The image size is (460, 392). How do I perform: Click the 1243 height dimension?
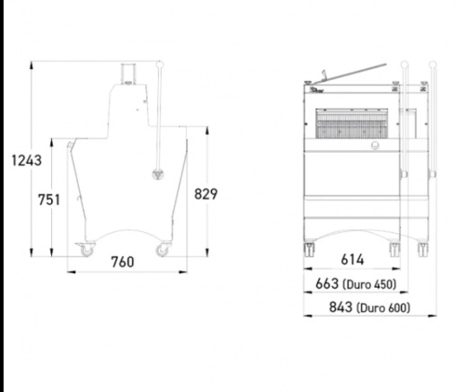27,161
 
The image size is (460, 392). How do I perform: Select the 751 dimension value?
49,200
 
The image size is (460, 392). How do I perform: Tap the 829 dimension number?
206,194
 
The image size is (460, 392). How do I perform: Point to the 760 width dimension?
123,262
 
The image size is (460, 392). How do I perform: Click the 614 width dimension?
352,260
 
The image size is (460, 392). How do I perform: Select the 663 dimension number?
327,283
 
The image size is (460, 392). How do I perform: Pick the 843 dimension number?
341,307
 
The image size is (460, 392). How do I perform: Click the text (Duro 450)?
369,284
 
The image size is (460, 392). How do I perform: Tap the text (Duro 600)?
384,308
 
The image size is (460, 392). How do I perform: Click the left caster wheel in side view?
86,249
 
